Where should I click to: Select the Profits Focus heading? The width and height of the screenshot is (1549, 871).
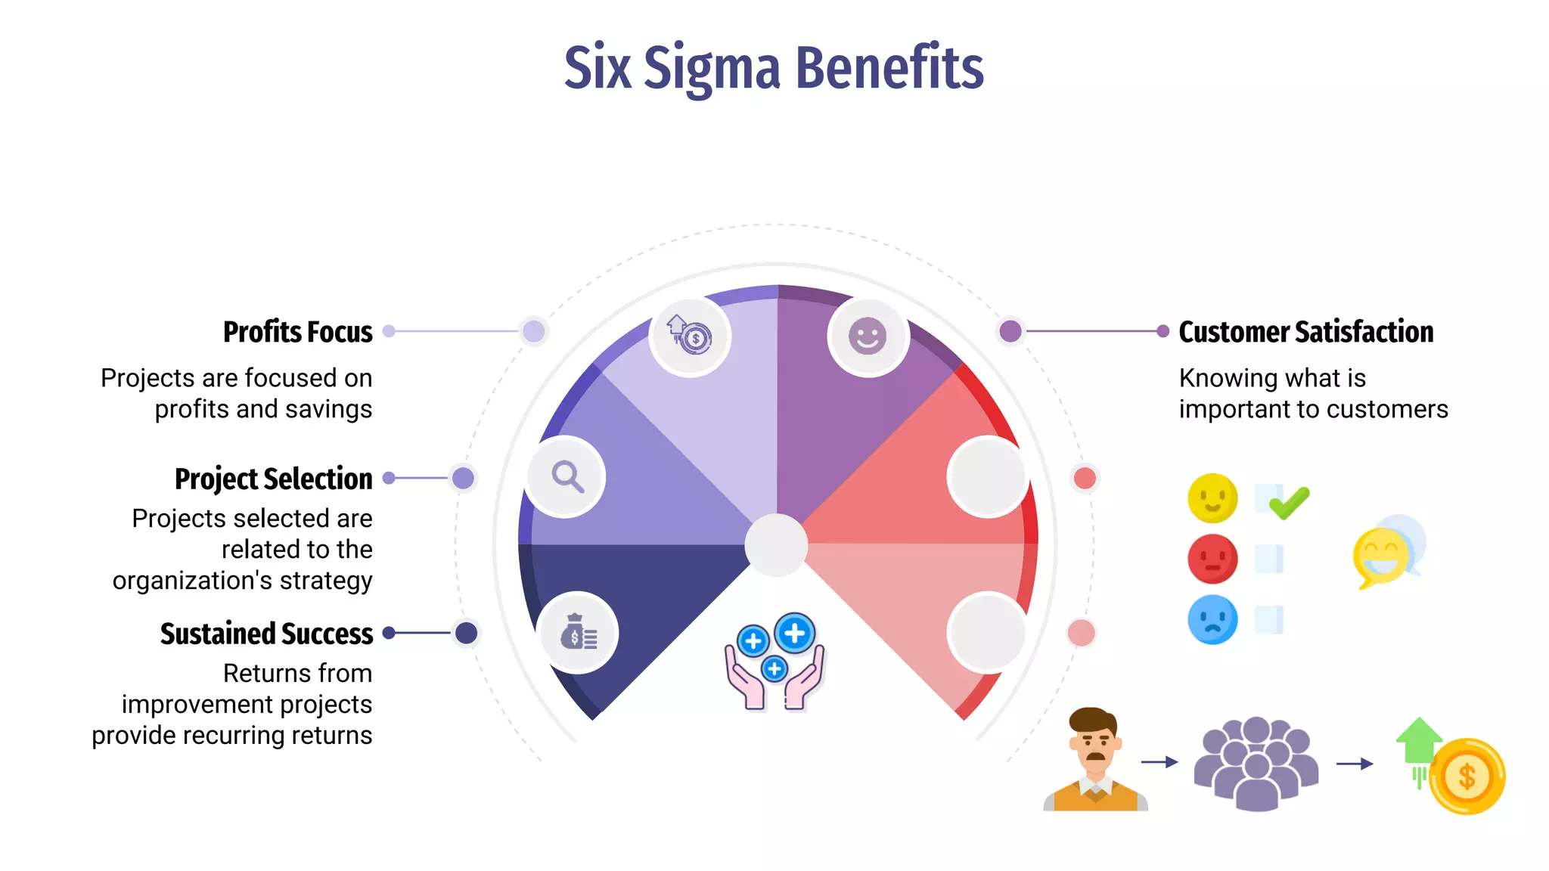[297, 332]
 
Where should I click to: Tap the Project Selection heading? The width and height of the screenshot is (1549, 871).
[273, 479]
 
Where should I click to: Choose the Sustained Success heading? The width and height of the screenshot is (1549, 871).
[266, 634]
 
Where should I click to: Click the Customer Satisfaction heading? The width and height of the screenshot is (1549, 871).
[1305, 332]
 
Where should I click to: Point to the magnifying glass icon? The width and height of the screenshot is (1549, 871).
[567, 477]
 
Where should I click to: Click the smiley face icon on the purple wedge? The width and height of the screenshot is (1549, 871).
[867, 335]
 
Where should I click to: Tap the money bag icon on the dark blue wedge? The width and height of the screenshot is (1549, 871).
[579, 632]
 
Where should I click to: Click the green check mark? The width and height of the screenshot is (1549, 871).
[1289, 503]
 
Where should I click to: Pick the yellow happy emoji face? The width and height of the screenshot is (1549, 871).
[1212, 498]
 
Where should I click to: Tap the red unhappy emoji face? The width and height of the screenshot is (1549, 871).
[1212, 559]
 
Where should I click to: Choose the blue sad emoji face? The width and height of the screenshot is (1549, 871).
[1212, 619]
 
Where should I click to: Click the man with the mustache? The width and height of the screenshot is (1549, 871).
[1094, 760]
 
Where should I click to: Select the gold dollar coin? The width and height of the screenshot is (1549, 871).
[1467, 776]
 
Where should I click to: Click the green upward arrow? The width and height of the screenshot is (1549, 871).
[1419, 741]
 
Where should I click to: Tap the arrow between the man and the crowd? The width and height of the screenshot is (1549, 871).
[1159, 762]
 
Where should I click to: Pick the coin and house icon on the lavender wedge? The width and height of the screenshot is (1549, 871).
[689, 335]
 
